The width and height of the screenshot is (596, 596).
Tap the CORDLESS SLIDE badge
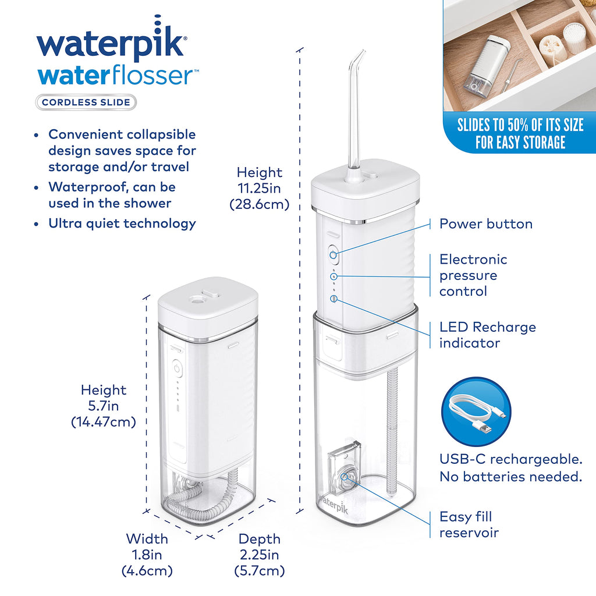pos(86,102)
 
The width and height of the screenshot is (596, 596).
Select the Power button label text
pos(486,224)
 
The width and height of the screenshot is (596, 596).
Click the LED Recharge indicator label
pos(488,335)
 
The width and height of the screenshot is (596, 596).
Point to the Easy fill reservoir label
pos(469,524)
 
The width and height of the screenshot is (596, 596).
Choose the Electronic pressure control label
pos(473,275)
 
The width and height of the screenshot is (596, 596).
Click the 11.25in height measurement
pos(259,188)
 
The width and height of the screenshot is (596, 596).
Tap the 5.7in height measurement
pos(104,406)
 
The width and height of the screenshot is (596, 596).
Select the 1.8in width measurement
pos(147,555)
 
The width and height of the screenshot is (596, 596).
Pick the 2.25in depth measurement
pos(259,555)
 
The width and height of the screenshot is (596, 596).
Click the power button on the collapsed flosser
pos(177,368)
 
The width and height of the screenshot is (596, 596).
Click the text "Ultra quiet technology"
pos(122,223)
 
